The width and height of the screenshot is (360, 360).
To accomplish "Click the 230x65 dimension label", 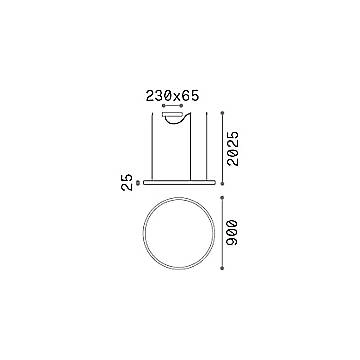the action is coord(172,96).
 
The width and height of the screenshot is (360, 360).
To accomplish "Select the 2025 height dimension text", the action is coord(233,149).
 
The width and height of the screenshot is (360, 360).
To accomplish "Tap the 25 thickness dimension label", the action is coord(127,182).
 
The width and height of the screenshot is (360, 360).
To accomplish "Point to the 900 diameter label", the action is coord(232,233).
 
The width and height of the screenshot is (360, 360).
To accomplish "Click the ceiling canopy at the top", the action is coord(172,115).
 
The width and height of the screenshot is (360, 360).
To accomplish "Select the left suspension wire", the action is coord(152,146).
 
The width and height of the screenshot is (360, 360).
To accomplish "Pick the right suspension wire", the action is coord(207,146).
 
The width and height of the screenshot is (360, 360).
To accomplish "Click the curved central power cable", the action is coord(190,147).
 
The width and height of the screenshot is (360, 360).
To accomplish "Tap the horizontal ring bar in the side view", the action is coord(179,182).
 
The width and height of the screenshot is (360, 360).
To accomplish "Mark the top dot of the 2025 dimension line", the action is coord(222,113).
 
